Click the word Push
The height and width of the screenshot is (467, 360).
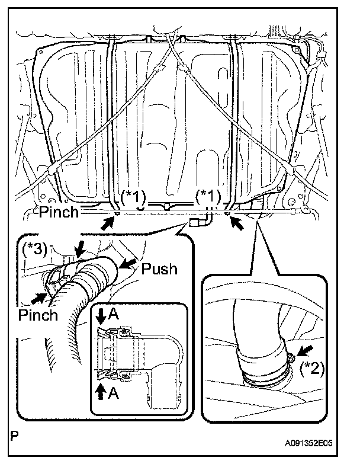click(x=159, y=268)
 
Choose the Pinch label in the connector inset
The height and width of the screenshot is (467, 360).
click(x=38, y=314)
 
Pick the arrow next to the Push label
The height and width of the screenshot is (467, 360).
click(x=127, y=263)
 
